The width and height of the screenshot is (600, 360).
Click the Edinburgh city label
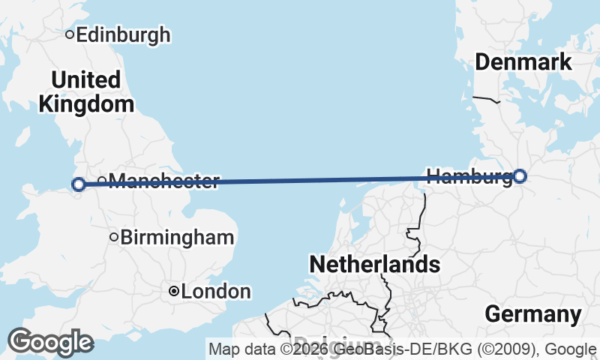pyautogui.click(x=123, y=34)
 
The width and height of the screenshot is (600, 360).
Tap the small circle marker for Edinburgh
pyautogui.click(x=70, y=34)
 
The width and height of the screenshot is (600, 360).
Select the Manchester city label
pyautogui.click(x=164, y=181)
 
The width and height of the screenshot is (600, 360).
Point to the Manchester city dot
pyautogui.click(x=102, y=180)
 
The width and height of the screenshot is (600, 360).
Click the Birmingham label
pyautogui.click(x=177, y=238)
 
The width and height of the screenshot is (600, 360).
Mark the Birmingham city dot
pyautogui.click(x=114, y=237)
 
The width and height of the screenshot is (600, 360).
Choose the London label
pyautogui.click(x=215, y=291)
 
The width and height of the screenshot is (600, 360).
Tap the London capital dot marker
pyautogui.click(x=174, y=291)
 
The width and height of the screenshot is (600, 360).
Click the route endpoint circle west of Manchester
pyautogui.click(x=78, y=184)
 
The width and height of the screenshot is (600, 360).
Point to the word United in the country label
pyautogui.click(x=86, y=79)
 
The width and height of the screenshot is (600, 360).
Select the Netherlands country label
pyautogui.click(x=374, y=264)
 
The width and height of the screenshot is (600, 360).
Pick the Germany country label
pyautogui.click(x=533, y=314)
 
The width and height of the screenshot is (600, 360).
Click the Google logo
pyautogui.click(x=50, y=342)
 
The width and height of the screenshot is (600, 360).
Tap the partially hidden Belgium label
pyautogui.click(x=337, y=340)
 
